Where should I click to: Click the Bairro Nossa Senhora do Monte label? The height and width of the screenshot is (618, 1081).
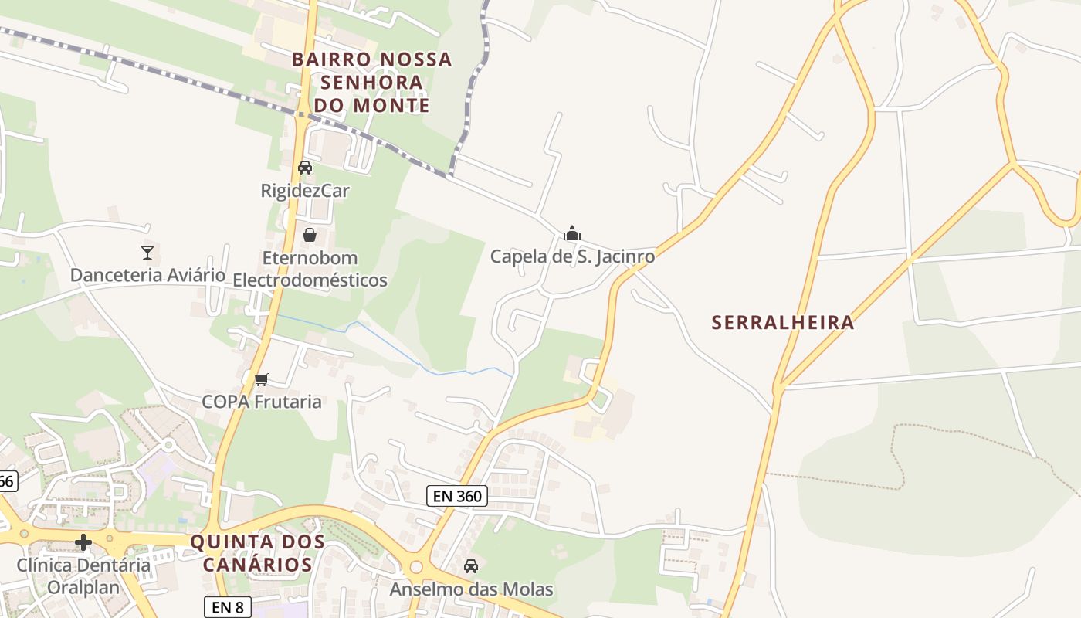click(371, 82)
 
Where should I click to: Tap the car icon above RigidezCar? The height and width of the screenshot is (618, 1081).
click(305, 167)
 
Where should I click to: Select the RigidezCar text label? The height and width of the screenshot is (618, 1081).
click(305, 190)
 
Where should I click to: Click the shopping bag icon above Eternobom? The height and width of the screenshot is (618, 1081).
click(310, 235)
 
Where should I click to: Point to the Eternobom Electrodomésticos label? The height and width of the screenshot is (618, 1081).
click(310, 269)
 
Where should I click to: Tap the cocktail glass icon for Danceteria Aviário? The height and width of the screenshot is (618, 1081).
click(147, 252)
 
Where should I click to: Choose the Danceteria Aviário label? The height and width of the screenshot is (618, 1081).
click(147, 275)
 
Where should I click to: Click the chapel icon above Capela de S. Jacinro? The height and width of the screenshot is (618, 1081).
click(572, 233)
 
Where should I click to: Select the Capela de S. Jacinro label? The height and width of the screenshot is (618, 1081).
click(572, 256)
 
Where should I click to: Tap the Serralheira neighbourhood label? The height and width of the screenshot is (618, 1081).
click(783, 322)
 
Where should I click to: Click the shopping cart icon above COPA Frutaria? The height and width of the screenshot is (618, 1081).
click(262, 379)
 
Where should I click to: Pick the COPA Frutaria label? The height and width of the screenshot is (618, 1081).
click(262, 402)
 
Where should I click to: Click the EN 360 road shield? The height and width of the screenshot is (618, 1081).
click(458, 496)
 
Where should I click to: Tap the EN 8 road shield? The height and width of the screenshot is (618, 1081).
click(228, 607)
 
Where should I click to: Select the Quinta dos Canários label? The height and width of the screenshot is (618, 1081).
click(257, 553)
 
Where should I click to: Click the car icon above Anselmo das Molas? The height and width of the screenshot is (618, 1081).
click(471, 566)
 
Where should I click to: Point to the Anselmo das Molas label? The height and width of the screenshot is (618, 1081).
click(471, 589)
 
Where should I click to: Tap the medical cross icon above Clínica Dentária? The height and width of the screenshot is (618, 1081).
click(83, 542)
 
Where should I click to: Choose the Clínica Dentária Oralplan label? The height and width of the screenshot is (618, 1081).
click(83, 576)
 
